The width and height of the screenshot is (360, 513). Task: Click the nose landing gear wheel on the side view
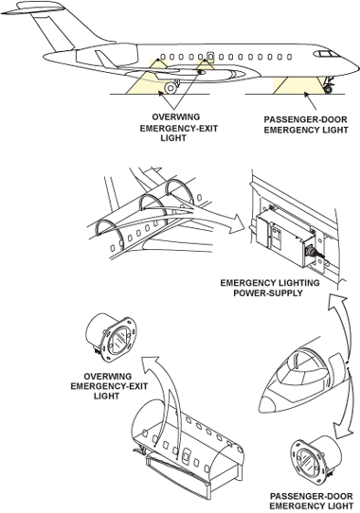328,89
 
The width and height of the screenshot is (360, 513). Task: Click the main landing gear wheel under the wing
171,88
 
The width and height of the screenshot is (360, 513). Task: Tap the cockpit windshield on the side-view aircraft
326,54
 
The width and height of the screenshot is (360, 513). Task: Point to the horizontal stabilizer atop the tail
34,9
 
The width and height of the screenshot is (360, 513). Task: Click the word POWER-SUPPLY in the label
267,292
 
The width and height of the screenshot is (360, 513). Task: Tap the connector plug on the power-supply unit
315,256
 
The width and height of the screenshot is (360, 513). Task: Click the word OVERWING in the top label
175,117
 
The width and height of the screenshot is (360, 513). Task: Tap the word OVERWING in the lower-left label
108,377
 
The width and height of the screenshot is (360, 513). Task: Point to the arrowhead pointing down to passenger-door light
342,431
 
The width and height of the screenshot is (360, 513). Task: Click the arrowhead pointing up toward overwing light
152,363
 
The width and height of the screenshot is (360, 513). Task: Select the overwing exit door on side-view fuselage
210,57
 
